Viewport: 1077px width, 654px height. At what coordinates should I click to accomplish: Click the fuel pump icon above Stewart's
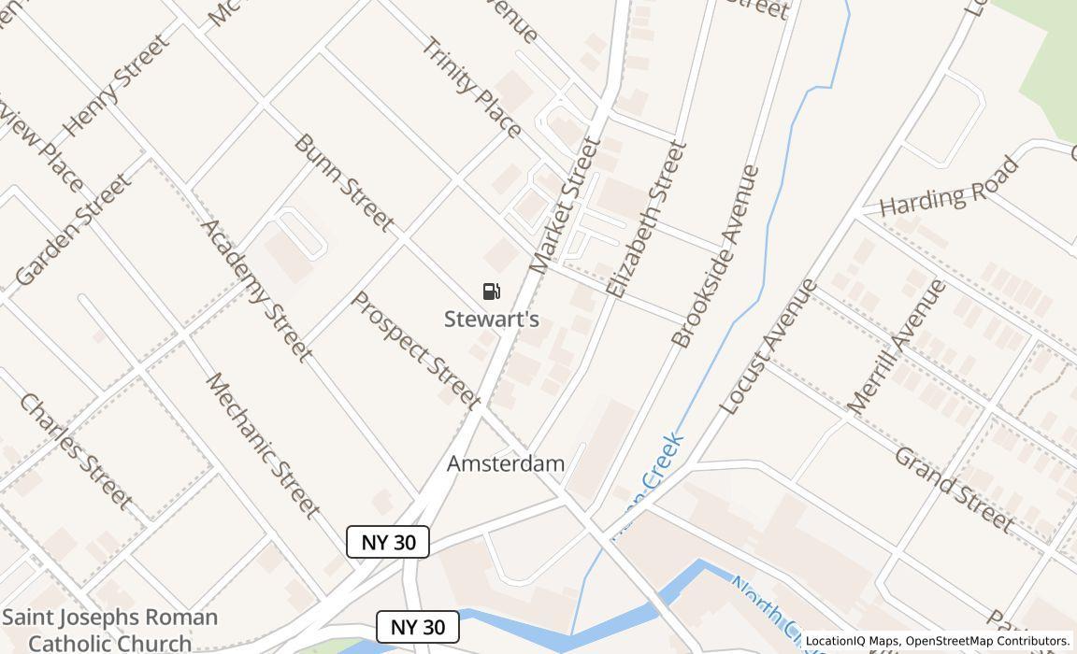[492, 291]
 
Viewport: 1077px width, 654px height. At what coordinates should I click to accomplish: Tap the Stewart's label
[492, 320]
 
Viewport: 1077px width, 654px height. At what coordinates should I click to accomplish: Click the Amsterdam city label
[506, 463]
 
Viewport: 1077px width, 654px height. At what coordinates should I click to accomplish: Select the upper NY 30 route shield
[388, 542]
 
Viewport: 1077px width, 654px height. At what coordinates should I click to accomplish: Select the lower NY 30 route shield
[418, 627]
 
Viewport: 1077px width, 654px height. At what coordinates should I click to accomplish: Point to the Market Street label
[565, 206]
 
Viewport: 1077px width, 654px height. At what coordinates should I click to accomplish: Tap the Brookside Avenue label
[716, 256]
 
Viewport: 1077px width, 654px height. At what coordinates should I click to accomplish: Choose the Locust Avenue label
[768, 346]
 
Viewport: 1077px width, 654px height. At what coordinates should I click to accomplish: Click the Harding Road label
[949, 189]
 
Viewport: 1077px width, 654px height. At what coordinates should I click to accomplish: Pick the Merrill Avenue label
[897, 347]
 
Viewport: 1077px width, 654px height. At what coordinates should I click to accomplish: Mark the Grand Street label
[954, 489]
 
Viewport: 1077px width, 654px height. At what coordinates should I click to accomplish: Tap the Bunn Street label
[343, 182]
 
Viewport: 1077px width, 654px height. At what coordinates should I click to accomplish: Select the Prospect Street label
[415, 349]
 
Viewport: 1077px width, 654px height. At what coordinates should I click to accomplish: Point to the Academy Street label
[255, 290]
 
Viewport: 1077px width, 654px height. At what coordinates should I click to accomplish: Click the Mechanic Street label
[263, 446]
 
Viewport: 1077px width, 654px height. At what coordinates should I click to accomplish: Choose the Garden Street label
[72, 230]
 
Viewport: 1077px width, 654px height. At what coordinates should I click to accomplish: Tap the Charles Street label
[75, 451]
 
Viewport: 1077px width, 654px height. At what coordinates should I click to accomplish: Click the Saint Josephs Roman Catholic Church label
[110, 629]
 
